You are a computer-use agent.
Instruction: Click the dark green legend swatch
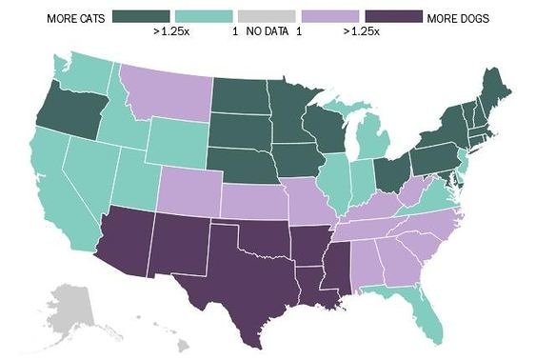click(142, 16)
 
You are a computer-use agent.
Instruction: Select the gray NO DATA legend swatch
click(268, 16)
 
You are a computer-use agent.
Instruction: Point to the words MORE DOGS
click(459, 17)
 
